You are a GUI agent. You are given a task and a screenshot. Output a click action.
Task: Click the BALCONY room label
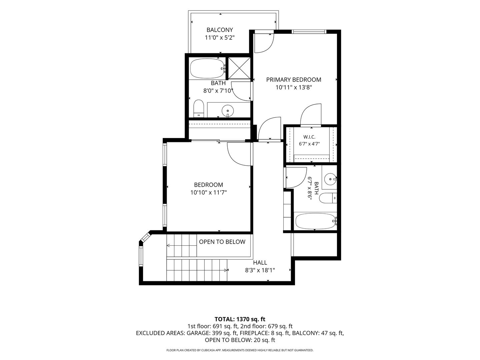pos(220,30)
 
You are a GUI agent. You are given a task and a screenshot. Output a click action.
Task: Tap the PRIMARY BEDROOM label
pos(293,80)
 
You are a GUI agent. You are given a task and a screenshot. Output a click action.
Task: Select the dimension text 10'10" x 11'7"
pos(208,193)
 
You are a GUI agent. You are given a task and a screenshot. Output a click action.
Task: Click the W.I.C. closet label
pos(309,137)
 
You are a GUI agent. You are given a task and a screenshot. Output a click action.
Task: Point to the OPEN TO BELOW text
pos(222,242)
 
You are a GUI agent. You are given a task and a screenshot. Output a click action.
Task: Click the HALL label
pos(260,263)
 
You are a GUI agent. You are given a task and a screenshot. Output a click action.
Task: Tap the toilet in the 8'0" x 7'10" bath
pos(199,108)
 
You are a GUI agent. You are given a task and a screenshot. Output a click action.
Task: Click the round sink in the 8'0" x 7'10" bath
pos(228,111)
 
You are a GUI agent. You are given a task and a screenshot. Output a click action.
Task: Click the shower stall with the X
pos(239,68)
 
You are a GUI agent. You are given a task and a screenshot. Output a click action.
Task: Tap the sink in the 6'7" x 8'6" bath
pos(330,179)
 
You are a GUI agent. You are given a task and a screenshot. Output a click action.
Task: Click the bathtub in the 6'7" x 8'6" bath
pos(316,221)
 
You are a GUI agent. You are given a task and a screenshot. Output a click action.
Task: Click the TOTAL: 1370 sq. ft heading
pos(240,319)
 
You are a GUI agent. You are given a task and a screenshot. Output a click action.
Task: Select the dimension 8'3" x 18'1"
pos(260,270)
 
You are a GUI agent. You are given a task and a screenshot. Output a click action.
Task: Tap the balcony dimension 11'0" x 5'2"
pos(220,38)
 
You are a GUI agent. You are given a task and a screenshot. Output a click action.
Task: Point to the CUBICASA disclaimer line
pos(240,350)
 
